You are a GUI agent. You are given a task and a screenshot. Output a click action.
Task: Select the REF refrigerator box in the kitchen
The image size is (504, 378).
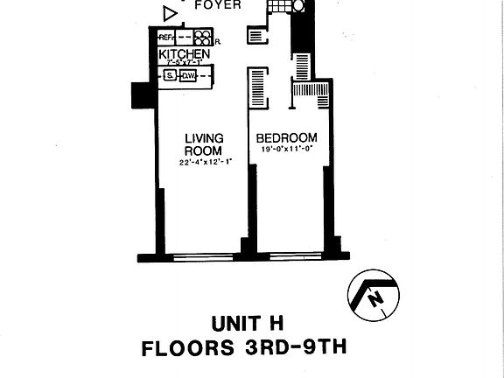(x=166, y=38)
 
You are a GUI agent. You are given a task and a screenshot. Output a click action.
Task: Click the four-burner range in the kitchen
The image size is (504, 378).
(x=203, y=38)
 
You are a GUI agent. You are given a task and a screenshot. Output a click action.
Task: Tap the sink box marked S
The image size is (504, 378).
(x=170, y=76)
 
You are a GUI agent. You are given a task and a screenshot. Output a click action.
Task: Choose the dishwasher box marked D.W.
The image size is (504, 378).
(x=187, y=76)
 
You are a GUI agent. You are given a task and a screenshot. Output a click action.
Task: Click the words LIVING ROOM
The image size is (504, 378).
(x=203, y=143)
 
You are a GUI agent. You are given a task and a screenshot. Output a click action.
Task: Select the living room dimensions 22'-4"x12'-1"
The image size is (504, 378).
(x=203, y=163)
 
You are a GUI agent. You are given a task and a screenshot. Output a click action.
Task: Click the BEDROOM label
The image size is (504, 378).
(x=286, y=138)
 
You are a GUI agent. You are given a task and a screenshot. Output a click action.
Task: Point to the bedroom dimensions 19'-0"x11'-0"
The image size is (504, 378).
(x=286, y=150)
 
